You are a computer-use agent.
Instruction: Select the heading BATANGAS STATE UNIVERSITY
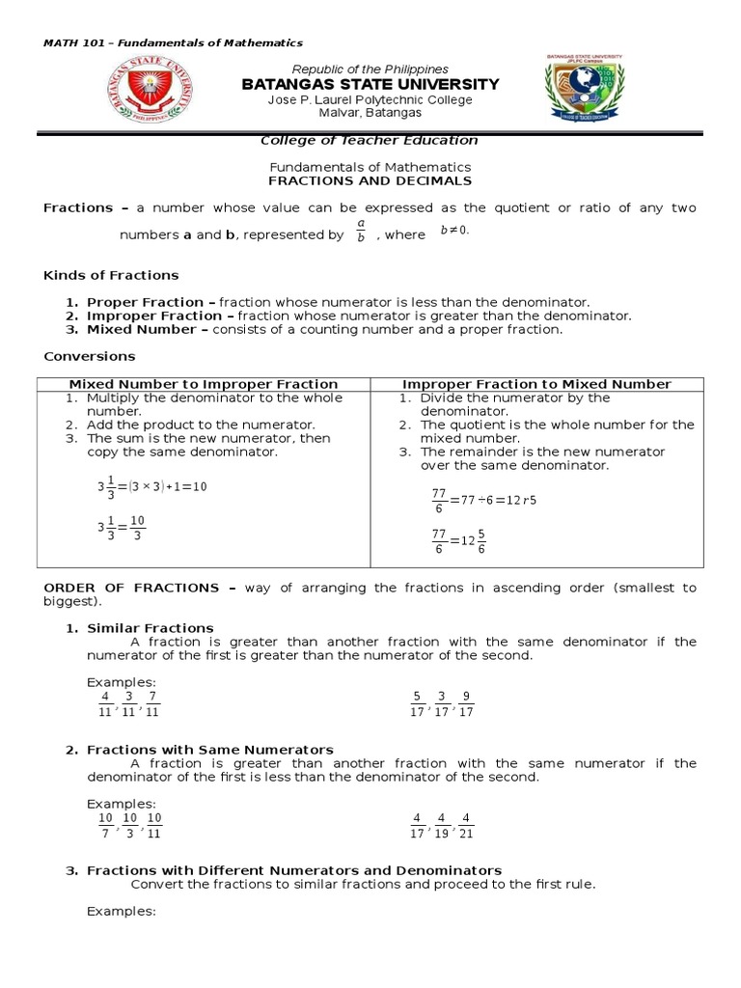(x=370, y=85)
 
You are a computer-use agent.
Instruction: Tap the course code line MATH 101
(x=174, y=42)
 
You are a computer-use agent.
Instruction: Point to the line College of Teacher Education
(x=370, y=141)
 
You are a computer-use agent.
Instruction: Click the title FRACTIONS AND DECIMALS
(x=370, y=180)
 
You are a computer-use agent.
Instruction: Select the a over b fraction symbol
(x=360, y=233)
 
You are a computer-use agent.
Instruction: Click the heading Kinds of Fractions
(x=111, y=275)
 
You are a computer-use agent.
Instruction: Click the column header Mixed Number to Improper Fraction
(x=203, y=384)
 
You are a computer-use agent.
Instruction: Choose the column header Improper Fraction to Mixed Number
(x=536, y=384)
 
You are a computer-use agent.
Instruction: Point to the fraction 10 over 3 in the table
(x=137, y=529)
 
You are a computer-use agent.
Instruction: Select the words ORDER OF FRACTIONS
(x=132, y=588)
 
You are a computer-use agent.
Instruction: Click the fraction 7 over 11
(x=152, y=704)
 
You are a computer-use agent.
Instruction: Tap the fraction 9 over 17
(x=466, y=704)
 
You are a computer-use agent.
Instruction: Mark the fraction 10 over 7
(x=104, y=826)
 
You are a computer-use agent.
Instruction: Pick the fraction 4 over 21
(x=466, y=826)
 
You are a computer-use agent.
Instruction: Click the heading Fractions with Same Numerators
(x=210, y=750)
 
